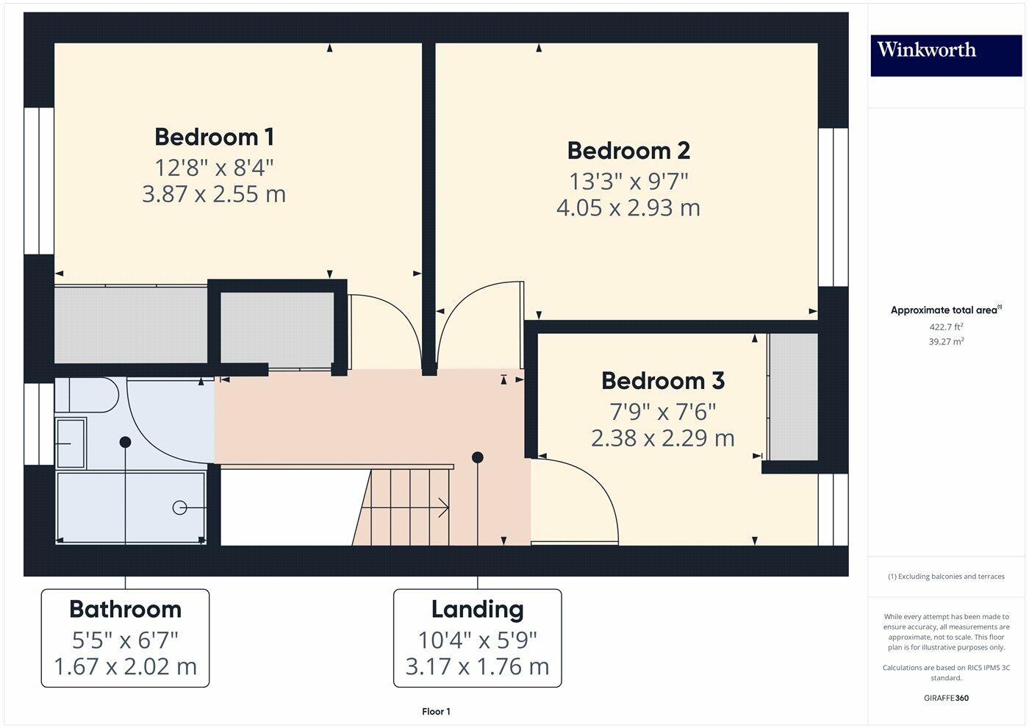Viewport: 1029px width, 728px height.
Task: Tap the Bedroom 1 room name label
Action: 214,137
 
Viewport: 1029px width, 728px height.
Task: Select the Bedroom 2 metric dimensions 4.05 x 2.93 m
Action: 628,208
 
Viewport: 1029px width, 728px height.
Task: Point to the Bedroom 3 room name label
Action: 662,381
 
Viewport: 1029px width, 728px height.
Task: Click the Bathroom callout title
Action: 125,610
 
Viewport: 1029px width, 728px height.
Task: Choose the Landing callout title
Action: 477,610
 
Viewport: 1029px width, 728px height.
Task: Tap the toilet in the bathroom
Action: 88,396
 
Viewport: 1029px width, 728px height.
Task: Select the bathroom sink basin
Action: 71,443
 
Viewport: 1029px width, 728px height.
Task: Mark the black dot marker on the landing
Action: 477,457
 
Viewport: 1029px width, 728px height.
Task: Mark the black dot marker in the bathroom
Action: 125,442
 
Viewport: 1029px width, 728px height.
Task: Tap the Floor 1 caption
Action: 436,712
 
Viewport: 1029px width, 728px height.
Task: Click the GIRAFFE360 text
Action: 945,698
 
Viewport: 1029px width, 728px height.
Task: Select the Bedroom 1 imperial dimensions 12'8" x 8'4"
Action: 214,168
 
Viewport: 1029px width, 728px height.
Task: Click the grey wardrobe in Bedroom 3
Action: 792,397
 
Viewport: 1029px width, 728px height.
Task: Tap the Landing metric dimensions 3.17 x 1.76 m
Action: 477,667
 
